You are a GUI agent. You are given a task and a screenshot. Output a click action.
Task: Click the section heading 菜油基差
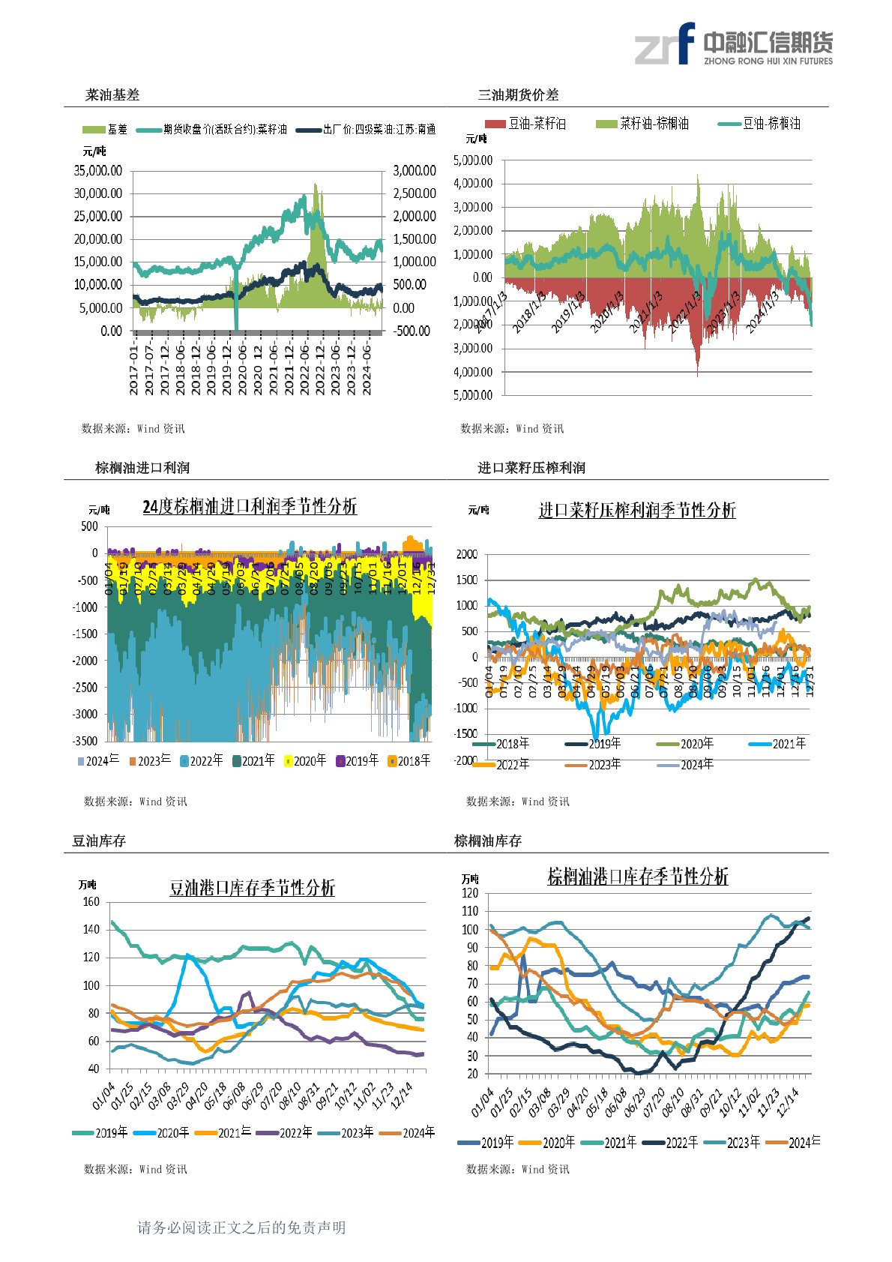coord(112,95)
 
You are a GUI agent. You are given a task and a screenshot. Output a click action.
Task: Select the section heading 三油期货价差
coord(518,95)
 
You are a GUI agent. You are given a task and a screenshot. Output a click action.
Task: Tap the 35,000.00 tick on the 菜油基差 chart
coord(98,171)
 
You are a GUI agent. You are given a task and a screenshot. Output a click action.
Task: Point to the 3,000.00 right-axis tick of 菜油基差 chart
coord(415,171)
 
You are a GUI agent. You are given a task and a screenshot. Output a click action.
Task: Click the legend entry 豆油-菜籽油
coord(526,124)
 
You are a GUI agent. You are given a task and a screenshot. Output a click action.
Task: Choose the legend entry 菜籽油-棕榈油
coord(643,124)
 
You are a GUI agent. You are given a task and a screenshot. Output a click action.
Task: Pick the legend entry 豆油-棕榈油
coord(760,124)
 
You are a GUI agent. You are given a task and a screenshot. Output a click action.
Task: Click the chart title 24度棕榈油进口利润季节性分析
coord(250,507)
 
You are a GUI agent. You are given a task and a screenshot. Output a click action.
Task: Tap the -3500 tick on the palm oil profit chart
coord(88,741)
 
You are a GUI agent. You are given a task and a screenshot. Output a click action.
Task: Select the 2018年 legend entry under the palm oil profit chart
coord(409,761)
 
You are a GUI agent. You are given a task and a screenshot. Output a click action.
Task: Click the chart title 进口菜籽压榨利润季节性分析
coord(637,511)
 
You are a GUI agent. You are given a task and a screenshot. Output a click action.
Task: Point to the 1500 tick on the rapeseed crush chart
coord(467,580)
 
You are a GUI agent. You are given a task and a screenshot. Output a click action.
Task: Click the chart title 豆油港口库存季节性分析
coord(252,889)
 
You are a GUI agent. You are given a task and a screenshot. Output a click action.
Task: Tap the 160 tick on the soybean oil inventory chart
coord(91,902)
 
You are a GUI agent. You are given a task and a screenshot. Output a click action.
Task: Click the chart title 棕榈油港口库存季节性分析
coord(638,877)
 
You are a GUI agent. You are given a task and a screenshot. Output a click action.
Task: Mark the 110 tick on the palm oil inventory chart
coord(470,911)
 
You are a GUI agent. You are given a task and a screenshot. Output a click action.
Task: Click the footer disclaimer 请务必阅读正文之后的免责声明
coord(241,1228)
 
